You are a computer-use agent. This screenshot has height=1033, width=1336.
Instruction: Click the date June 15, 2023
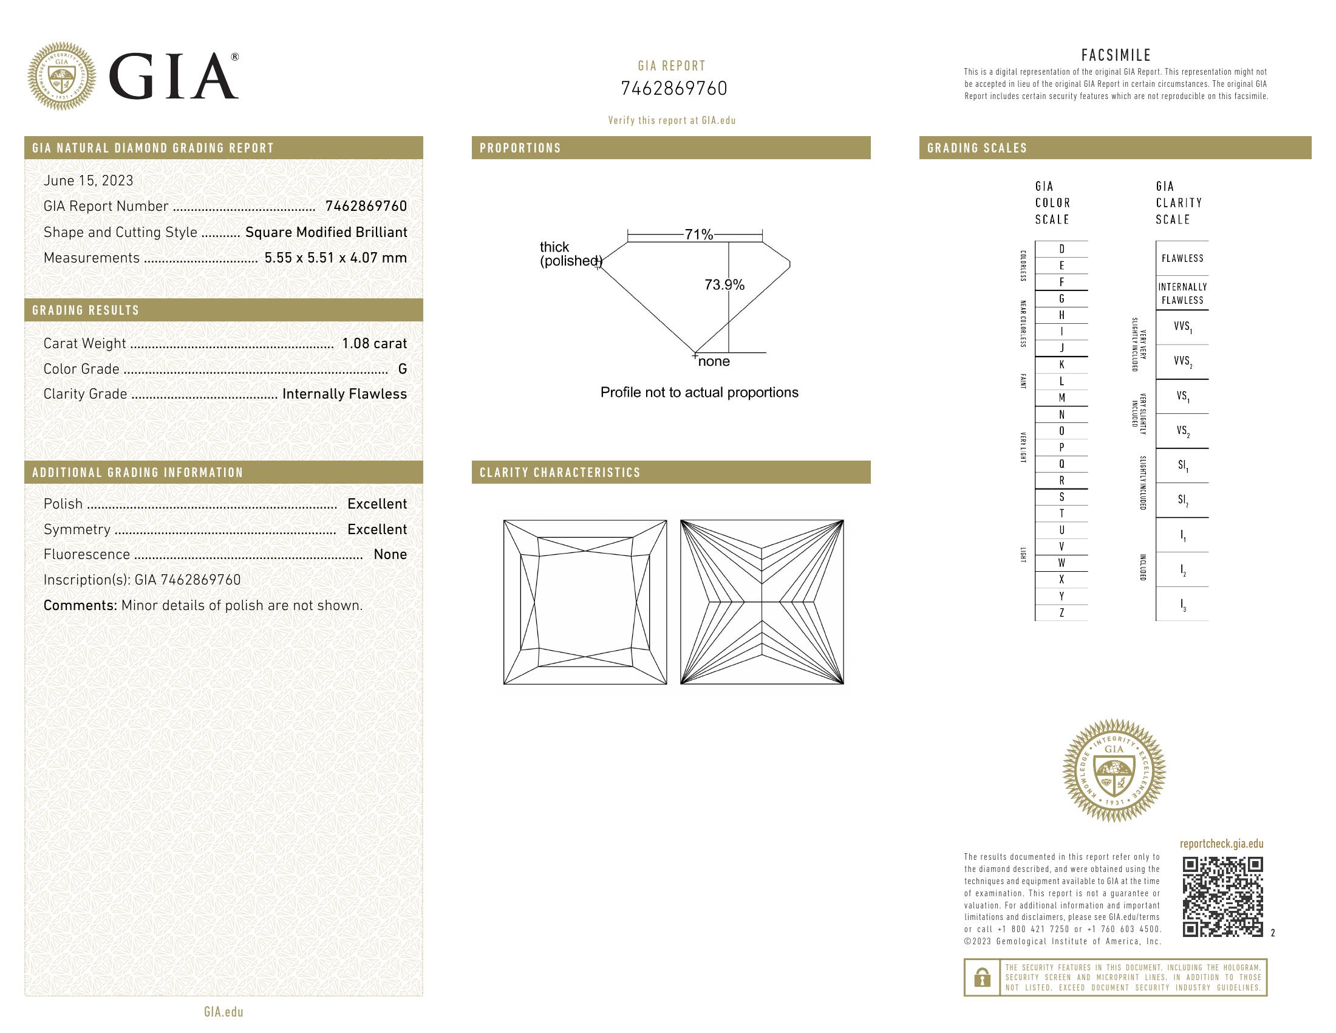tap(88, 180)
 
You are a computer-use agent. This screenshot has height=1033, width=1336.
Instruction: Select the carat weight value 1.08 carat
tap(373, 343)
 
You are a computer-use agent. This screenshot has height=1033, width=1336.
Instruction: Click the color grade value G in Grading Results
tap(402, 369)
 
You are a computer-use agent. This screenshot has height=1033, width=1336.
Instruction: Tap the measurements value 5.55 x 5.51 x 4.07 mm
tap(335, 258)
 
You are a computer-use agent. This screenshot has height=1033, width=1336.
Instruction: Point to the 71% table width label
tap(698, 235)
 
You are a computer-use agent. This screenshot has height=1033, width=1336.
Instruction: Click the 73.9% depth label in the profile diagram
tap(724, 284)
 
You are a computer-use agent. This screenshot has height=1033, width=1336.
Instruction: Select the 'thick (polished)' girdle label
tap(569, 254)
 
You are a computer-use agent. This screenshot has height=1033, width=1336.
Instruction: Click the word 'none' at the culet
tap(714, 362)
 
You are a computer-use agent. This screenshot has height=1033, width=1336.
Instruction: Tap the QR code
tap(1222, 896)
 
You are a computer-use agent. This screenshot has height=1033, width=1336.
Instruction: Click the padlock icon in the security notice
tap(982, 977)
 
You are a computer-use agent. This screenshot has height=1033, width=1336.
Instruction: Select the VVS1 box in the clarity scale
tap(1182, 327)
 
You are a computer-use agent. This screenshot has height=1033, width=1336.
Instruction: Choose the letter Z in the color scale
tap(1062, 613)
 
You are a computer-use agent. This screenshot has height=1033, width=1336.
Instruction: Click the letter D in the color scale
tap(1062, 249)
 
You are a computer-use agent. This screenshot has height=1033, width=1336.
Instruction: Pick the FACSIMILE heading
tap(1116, 55)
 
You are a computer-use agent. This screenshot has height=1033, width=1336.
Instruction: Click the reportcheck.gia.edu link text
tap(1221, 844)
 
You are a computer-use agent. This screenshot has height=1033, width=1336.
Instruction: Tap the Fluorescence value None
tap(390, 554)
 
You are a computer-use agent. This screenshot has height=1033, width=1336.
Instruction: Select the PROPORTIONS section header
tap(520, 148)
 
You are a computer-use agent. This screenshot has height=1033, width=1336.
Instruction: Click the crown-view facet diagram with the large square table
tap(585, 602)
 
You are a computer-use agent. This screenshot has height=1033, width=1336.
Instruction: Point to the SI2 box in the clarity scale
tap(1182, 500)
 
